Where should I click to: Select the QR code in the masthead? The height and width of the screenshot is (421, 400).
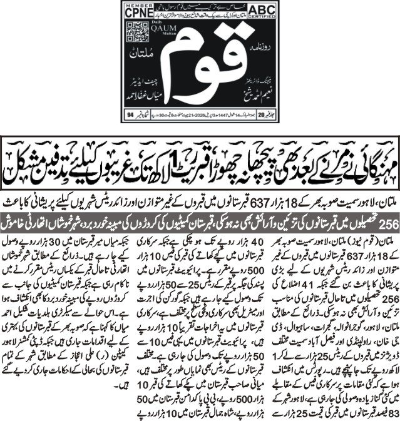pyautogui.click(x=134, y=31)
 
